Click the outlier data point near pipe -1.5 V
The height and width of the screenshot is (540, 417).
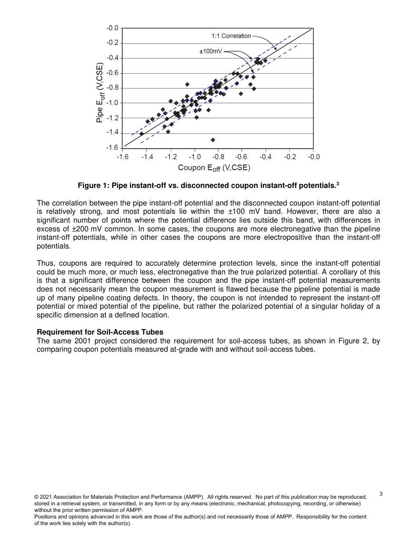(x=213, y=140)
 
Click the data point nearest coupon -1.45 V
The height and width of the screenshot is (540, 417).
(x=142, y=134)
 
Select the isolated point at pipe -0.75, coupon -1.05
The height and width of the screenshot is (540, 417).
(x=187, y=84)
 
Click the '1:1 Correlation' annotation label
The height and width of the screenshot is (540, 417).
(x=231, y=36)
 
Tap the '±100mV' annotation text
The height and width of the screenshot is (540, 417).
(x=211, y=51)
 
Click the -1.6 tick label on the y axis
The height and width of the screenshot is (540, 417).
(x=112, y=148)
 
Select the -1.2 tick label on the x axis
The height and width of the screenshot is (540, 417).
(x=171, y=157)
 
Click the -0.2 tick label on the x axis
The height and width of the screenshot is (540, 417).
(x=290, y=157)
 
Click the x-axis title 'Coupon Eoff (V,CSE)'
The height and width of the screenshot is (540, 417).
(x=214, y=168)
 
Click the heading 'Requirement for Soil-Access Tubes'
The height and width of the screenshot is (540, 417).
(x=100, y=332)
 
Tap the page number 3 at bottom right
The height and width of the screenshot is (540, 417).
(x=381, y=494)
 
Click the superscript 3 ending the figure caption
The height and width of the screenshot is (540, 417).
(x=338, y=184)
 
